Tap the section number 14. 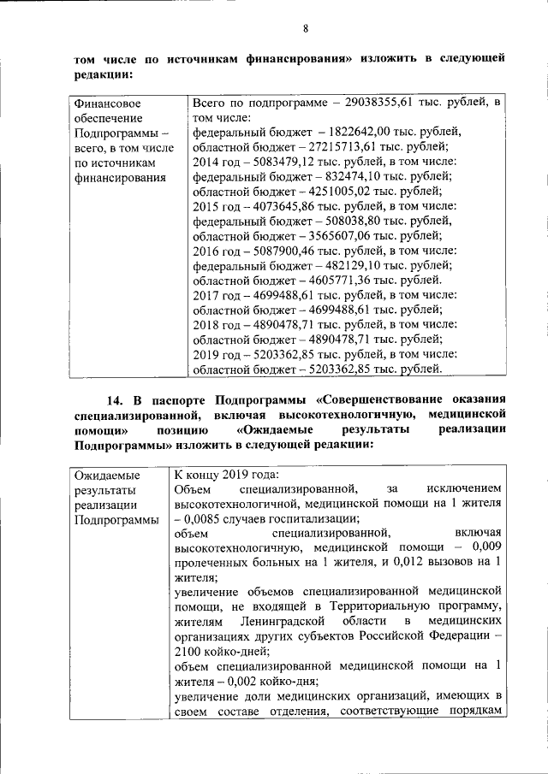click(115, 399)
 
